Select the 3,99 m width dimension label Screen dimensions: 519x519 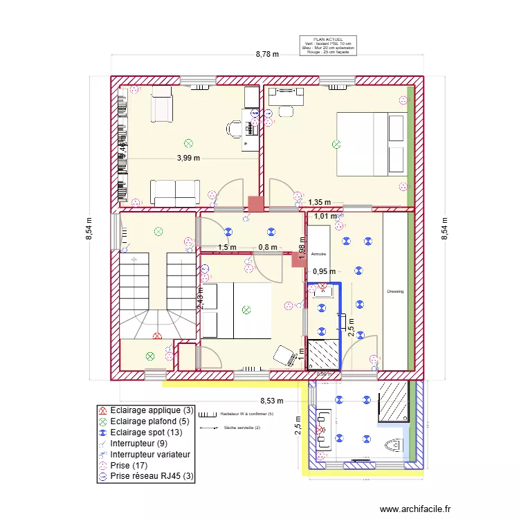point(188,158)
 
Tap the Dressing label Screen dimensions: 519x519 point(395,292)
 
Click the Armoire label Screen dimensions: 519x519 point(318,254)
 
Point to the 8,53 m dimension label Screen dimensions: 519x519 point(271,400)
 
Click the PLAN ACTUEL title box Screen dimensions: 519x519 point(328,46)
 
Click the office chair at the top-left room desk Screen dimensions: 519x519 point(233,127)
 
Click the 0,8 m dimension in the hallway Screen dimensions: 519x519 point(267,247)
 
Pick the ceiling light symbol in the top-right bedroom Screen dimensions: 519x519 point(336,145)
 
